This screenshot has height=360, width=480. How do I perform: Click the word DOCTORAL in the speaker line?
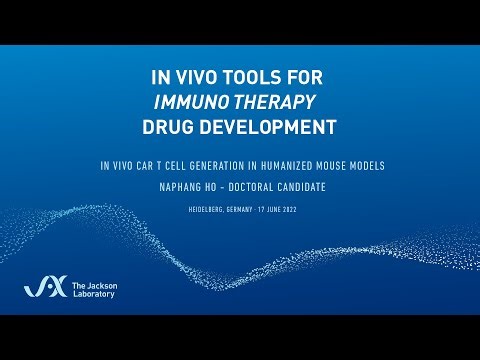coord(253,185)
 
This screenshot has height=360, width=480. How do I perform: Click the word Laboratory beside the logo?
coord(98,296)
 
